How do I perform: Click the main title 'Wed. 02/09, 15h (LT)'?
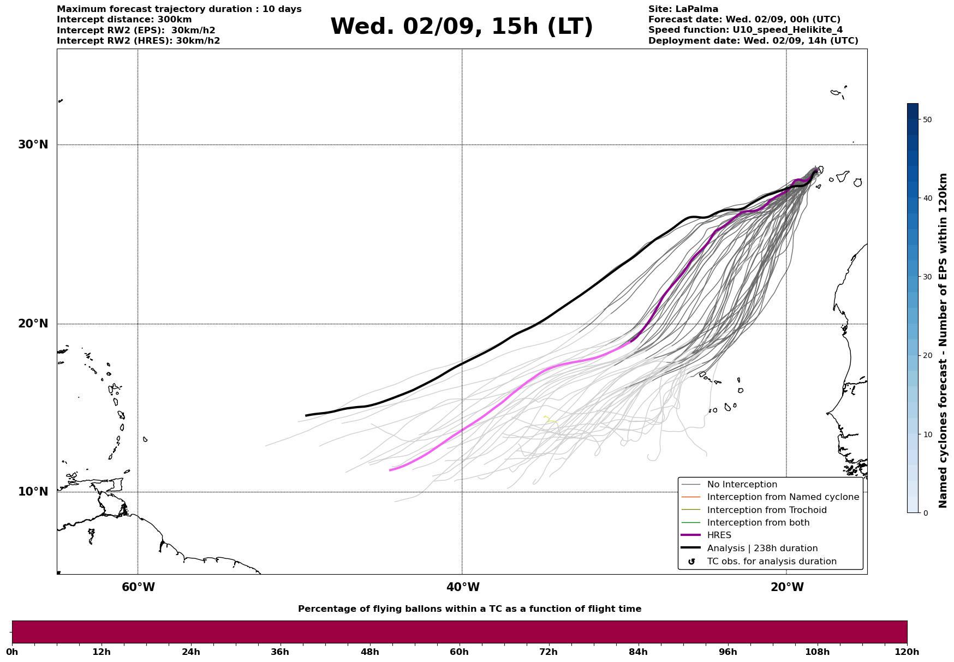pos(462,27)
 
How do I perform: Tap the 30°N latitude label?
pos(33,145)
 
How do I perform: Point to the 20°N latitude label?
pos(33,324)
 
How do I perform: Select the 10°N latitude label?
pos(33,492)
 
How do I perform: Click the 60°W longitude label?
pos(138,587)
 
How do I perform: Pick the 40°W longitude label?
pos(463,587)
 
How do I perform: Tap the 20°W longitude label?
pos(787,587)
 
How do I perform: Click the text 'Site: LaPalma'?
pos(683,9)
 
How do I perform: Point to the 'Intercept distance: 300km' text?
pos(124,20)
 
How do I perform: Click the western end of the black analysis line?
pos(306,416)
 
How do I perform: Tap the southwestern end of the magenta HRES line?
pos(390,470)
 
